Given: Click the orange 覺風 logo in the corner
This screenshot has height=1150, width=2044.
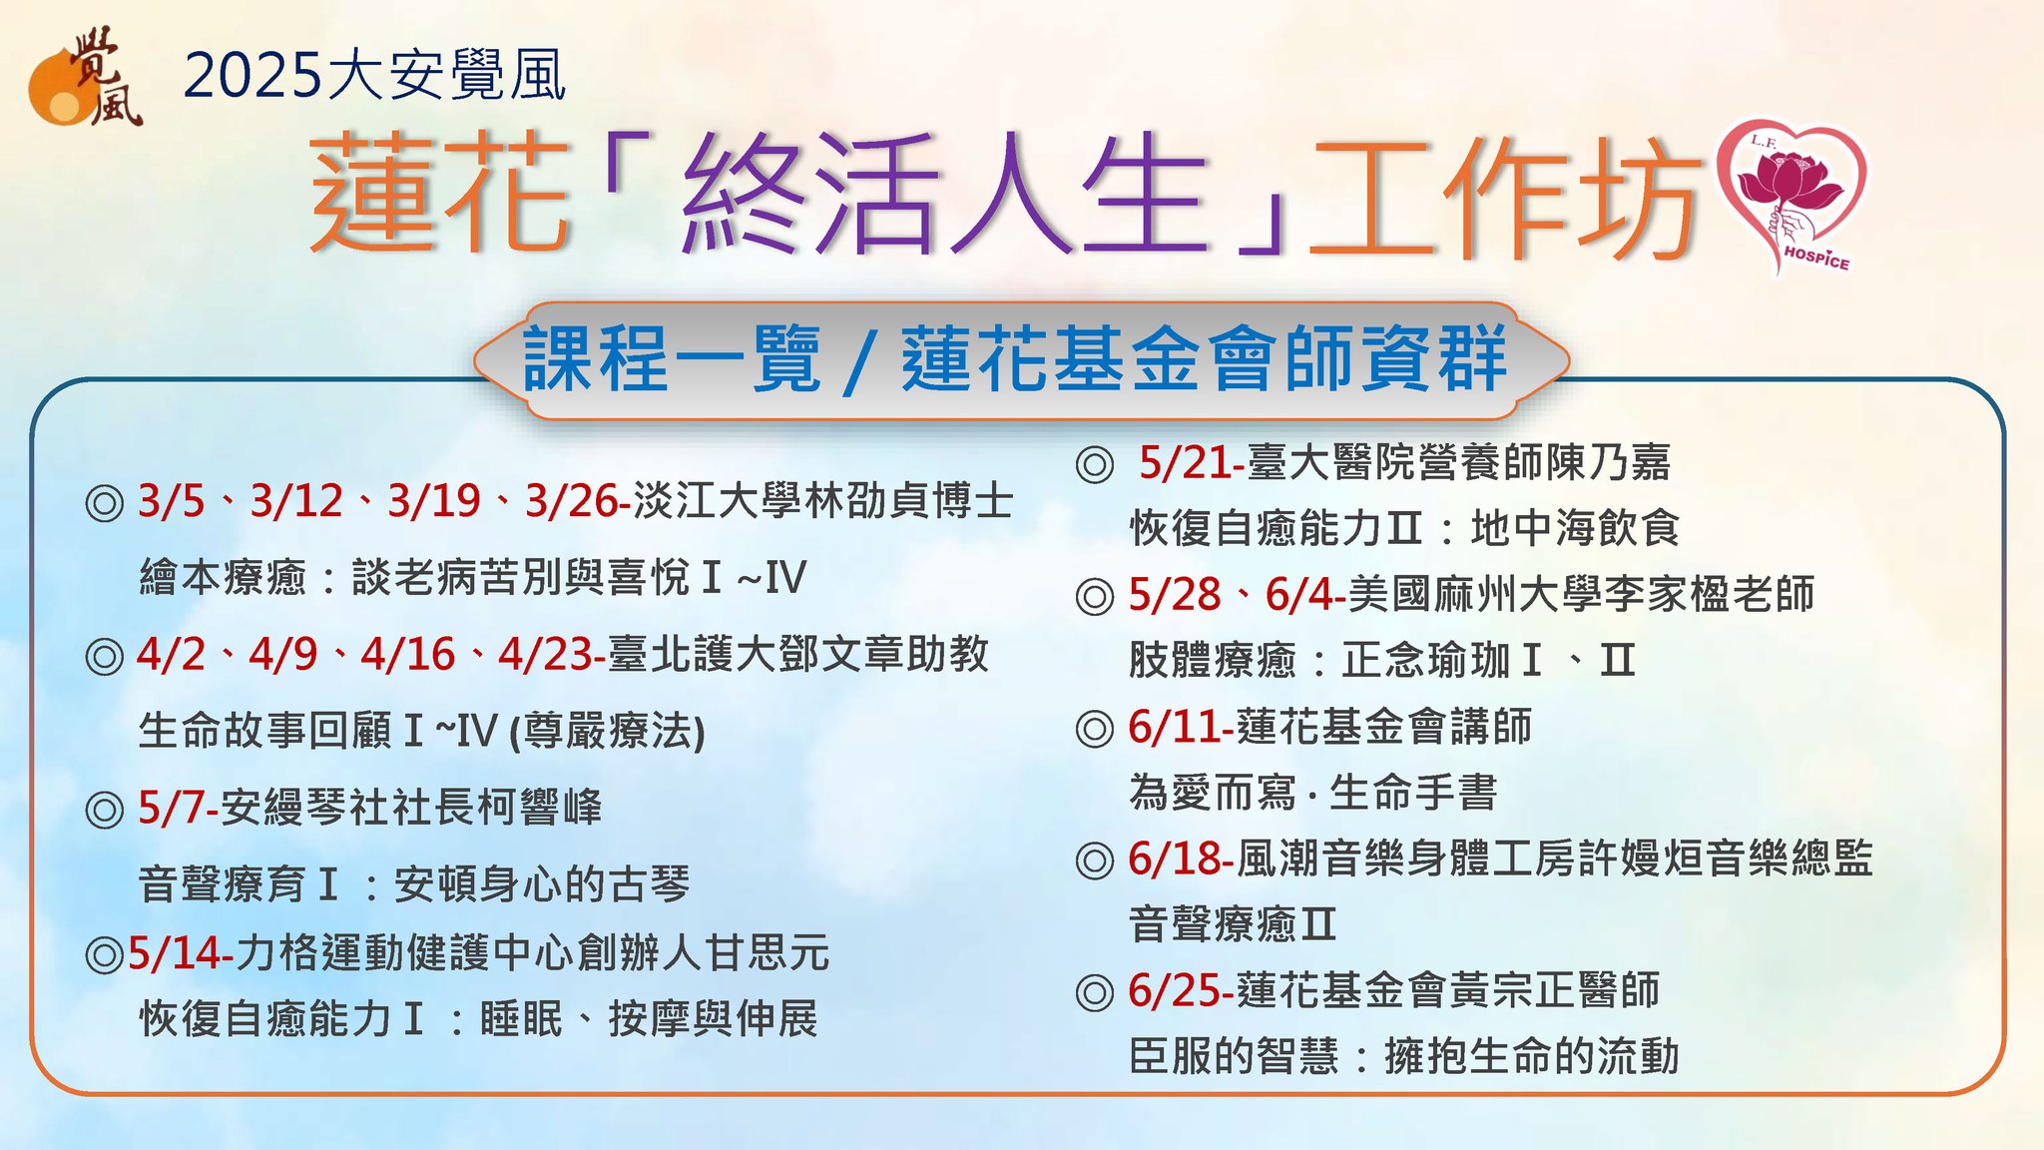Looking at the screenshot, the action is click(86, 78).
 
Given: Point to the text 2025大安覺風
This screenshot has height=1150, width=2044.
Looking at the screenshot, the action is click(375, 75).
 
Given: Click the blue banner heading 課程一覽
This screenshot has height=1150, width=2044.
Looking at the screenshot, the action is click(672, 359).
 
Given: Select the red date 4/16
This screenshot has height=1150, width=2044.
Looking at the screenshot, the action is click(408, 654).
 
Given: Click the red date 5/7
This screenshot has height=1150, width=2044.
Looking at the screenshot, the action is click(173, 808).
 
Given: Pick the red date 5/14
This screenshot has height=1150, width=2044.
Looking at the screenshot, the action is click(175, 953).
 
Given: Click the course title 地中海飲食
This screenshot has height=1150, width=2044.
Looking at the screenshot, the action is click(1575, 528).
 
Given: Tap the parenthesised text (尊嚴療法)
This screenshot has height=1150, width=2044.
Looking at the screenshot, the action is click(607, 731).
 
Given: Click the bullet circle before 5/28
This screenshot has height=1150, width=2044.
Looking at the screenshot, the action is click(1095, 597).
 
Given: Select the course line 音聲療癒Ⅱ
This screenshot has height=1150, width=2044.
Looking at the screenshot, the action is click(1233, 923).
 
